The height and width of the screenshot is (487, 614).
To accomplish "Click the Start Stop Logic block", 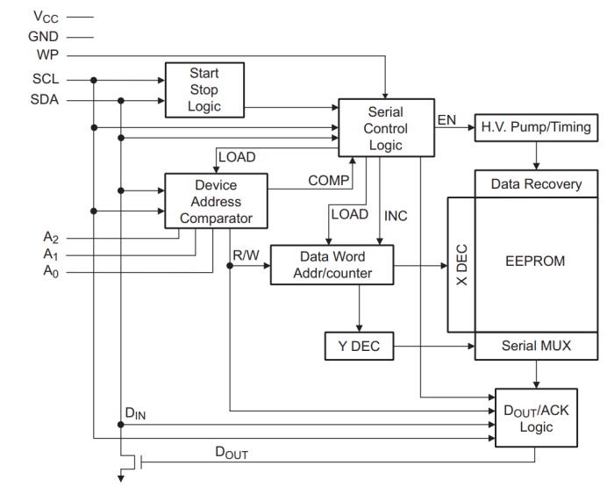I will [203, 90].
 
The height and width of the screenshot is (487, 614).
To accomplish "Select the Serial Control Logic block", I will [385, 128].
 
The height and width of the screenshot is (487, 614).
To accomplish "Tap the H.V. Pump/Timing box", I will [535, 127].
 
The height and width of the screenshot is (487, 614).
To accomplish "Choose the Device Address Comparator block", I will [216, 202].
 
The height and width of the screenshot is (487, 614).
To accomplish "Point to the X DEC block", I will [461, 264].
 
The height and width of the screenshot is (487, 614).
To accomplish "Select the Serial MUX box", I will [536, 346].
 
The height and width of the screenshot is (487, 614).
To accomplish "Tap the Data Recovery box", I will [536, 184].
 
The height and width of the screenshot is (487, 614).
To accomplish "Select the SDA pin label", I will [46, 100].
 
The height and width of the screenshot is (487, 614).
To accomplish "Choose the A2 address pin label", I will [51, 237].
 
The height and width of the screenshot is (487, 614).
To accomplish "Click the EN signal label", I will [446, 119].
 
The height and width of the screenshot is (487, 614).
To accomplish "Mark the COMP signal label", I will [329, 181].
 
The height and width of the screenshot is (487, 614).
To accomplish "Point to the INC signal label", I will [396, 215].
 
